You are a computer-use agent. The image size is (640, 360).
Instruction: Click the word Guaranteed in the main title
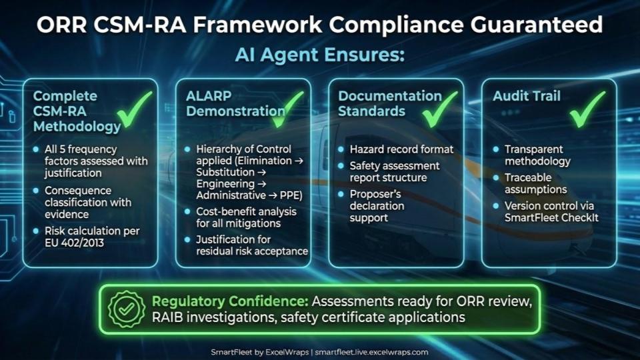(x=536, y=25)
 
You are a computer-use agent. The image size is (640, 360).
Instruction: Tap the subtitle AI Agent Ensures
(x=319, y=55)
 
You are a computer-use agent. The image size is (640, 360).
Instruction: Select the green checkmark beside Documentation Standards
(x=439, y=109)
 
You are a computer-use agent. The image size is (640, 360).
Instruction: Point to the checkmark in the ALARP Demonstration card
(x=287, y=109)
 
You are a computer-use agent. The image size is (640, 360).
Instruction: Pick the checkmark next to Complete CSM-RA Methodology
(x=134, y=109)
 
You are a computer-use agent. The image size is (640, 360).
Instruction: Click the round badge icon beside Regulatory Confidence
(x=127, y=309)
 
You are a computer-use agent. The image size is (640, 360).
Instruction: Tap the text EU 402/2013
(x=74, y=243)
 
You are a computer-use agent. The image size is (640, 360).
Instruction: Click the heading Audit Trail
(x=527, y=96)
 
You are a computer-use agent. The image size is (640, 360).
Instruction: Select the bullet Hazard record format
(x=401, y=149)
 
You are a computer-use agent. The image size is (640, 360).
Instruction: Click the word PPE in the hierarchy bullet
(x=291, y=195)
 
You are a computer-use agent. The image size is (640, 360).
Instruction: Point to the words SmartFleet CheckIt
(x=551, y=217)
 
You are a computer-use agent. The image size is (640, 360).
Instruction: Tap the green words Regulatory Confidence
(x=230, y=301)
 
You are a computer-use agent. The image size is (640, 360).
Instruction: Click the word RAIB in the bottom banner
(x=167, y=317)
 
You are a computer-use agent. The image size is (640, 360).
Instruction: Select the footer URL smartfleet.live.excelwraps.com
(x=371, y=352)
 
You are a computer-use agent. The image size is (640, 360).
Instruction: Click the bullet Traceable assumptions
(x=535, y=183)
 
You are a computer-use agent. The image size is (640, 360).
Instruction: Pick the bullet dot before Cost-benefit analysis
(x=187, y=211)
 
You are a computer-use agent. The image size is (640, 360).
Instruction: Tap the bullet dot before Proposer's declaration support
(x=341, y=194)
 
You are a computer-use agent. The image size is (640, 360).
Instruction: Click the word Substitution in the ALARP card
(x=225, y=172)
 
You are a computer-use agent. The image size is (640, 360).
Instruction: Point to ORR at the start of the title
(x=61, y=25)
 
